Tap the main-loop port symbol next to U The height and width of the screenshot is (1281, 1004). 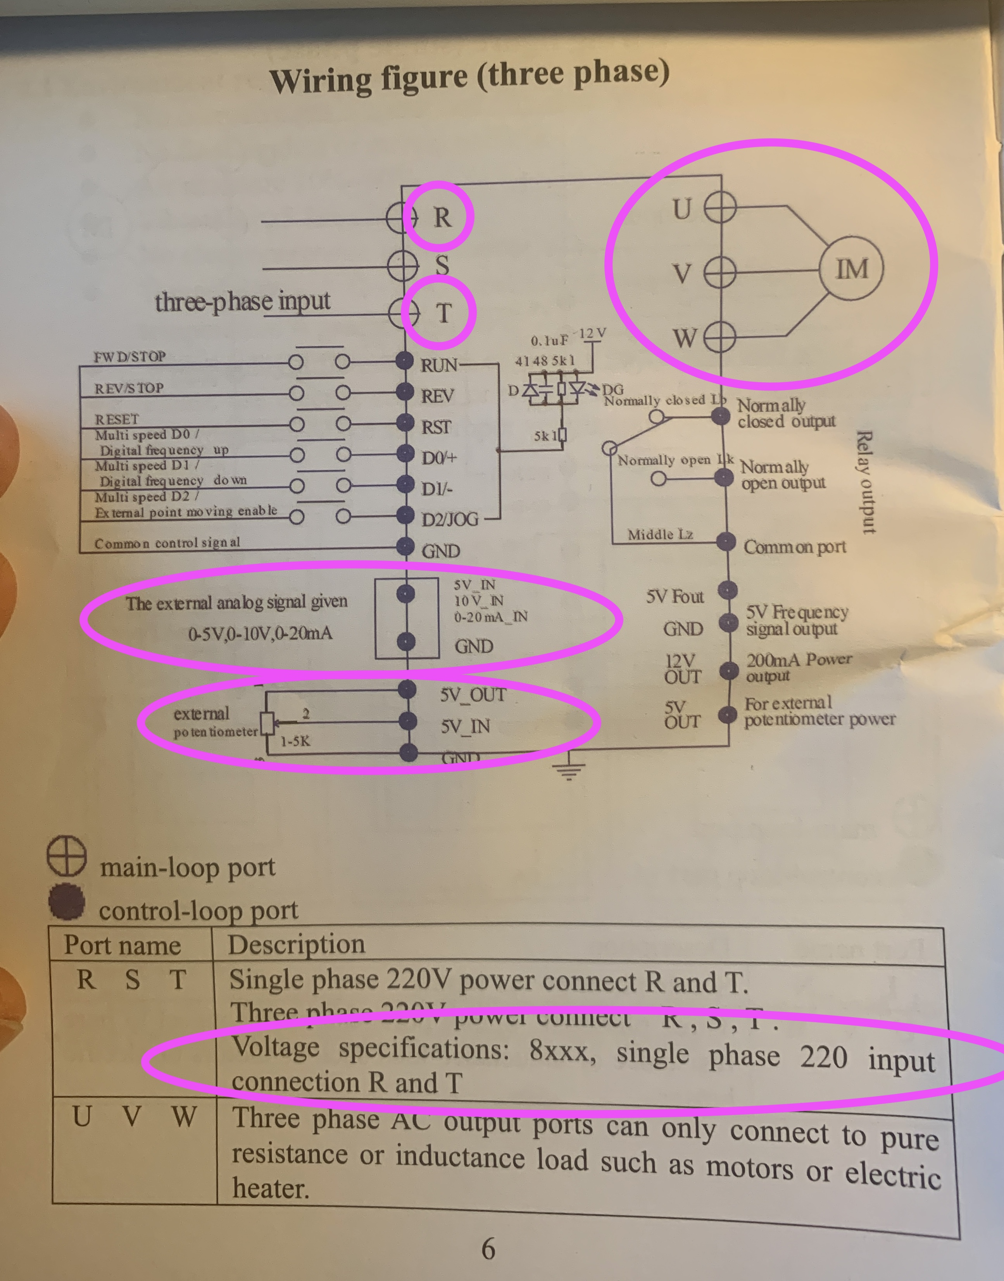[x=720, y=208]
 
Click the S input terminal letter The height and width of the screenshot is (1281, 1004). [x=442, y=265]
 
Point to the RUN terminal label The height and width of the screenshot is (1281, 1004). [x=438, y=365]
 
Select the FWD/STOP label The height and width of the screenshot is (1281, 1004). [x=129, y=357]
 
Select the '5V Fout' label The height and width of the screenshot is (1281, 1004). [x=674, y=596]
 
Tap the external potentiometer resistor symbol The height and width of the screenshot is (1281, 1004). [x=267, y=723]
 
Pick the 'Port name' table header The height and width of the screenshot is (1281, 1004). [x=122, y=945]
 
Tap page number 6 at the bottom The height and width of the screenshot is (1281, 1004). [x=488, y=1249]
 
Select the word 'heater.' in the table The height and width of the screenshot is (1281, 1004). [x=271, y=1188]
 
